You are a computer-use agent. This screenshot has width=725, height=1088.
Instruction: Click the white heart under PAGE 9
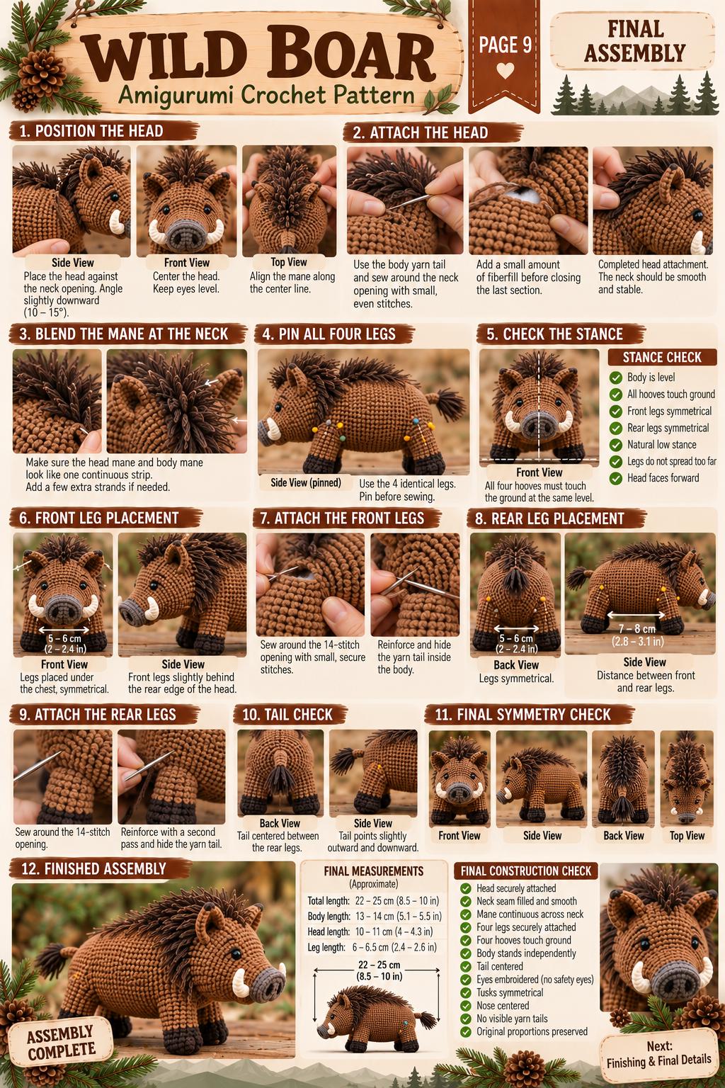coord(505,71)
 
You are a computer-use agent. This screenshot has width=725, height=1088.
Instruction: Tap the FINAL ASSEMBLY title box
coord(633,41)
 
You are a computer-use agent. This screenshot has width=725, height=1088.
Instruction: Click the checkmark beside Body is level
coord(616,378)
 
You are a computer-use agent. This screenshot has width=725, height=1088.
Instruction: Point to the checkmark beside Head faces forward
coord(616,478)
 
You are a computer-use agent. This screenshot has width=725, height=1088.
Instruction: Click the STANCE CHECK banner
coord(663,358)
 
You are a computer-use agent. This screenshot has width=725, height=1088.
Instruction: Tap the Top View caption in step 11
coord(687,835)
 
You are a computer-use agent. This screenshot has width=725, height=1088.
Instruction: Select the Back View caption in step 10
coord(280,823)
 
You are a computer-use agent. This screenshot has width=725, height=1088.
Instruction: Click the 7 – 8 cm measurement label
coord(637,629)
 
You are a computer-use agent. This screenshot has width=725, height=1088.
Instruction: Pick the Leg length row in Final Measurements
coord(372,947)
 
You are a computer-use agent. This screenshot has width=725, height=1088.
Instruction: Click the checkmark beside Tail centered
coord(466,967)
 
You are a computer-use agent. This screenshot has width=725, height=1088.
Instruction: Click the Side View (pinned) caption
coord(306,483)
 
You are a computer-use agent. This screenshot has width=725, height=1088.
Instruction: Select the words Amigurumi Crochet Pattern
coord(267,95)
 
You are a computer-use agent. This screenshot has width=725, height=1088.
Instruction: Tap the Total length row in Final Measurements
coord(373,901)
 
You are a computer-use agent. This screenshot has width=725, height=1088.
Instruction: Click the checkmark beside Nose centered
coord(466,1005)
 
